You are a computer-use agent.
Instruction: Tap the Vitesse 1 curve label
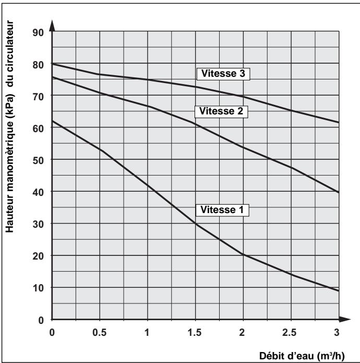[x=222, y=210]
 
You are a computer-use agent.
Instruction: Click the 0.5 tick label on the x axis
[x=99, y=332]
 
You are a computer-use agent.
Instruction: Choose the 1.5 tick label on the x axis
[x=195, y=332]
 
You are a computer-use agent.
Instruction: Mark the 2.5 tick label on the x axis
[x=291, y=332]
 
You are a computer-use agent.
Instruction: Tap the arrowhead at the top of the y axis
[x=52, y=25]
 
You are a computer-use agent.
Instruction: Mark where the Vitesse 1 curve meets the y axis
[x=52, y=121]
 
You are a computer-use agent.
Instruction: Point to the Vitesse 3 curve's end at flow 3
[x=338, y=122]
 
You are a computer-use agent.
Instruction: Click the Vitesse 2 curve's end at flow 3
[x=338, y=192]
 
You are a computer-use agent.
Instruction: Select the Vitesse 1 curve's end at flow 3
[x=338, y=290]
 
